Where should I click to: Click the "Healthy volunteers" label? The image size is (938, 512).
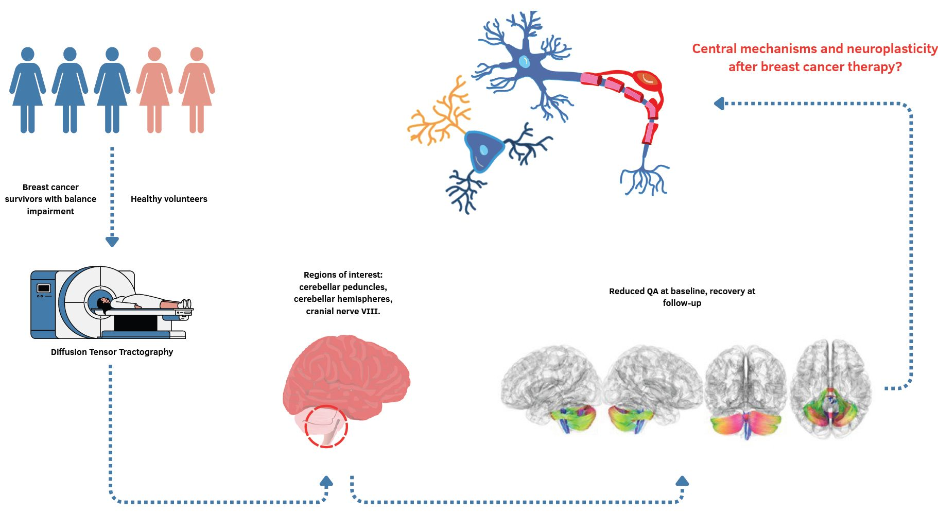pos(169,199)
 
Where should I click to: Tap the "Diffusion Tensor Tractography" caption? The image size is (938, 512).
pos(112,352)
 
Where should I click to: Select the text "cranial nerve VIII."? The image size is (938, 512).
pos(343,311)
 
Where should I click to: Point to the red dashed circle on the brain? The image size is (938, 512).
pos(326,426)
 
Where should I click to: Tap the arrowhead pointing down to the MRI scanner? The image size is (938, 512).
pos(112,241)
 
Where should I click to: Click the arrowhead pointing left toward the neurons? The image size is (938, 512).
pos(719,104)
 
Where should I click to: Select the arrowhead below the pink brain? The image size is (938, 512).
pos(326,482)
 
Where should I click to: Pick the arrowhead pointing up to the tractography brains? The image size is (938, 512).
pos(682,482)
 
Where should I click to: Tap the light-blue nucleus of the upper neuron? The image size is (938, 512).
pos(524,62)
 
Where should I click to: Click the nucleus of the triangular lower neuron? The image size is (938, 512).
pos(483,150)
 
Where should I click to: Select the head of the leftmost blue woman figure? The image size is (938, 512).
pos(28,54)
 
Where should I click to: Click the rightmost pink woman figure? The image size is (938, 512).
pos(197,90)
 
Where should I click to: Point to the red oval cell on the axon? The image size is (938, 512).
pos(647,80)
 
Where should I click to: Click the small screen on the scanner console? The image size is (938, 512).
pos(44,288)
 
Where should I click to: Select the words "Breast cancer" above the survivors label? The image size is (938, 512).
pos(50,187)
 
